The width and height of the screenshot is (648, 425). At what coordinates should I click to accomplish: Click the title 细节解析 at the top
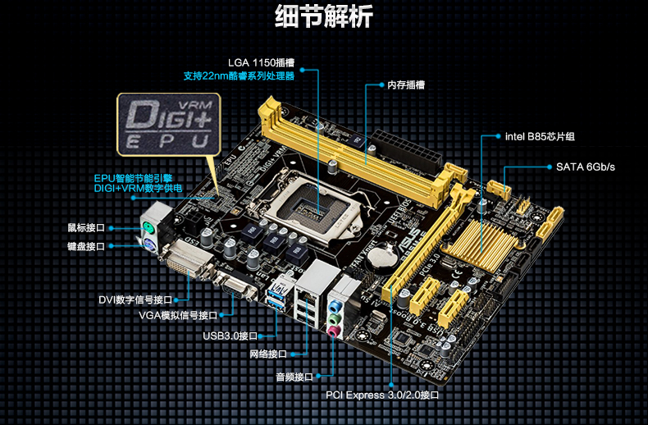324,16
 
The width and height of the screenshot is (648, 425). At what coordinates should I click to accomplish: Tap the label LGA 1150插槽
261,63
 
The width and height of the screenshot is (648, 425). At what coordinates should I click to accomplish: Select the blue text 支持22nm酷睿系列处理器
239,76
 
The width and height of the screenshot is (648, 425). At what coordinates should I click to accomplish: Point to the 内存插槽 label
406,85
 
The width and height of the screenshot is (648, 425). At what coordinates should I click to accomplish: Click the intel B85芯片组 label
540,136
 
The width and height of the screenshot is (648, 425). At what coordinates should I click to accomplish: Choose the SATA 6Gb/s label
585,167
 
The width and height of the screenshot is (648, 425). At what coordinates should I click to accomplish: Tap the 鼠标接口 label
86,228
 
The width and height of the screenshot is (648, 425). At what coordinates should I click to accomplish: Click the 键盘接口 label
86,246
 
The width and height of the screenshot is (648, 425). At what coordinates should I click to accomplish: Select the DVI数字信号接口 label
135,299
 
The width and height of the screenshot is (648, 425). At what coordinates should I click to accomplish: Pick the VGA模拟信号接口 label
178,315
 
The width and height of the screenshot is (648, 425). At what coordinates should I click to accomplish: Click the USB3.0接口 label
230,336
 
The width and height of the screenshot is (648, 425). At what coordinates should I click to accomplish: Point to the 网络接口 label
268,354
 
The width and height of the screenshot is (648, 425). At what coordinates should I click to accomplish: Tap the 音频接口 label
294,377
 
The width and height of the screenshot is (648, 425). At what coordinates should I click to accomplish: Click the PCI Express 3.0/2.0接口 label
382,395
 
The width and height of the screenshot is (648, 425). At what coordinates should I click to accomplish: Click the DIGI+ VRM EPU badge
169,124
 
